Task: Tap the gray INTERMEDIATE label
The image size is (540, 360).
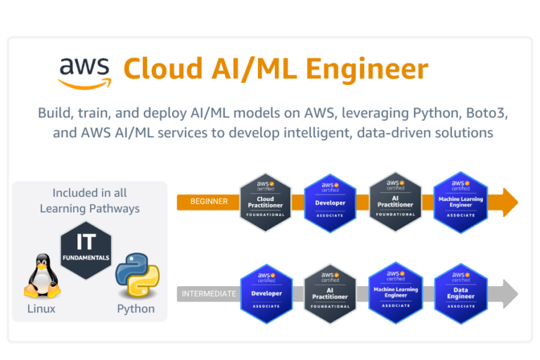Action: coord(209,293)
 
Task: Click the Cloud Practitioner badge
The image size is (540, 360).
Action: coord(266,201)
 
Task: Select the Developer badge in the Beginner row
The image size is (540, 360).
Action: coord(330,201)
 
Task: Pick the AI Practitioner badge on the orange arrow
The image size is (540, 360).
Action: coord(395,201)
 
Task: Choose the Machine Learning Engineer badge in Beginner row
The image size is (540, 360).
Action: coord(461,201)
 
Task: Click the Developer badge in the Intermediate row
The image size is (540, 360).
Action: coord(266,293)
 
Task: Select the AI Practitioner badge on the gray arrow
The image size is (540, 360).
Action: coord(330,293)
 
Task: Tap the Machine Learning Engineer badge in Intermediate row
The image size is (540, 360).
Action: coord(395,293)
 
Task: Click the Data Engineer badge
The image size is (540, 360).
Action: coord(461,293)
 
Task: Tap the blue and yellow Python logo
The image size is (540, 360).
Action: coord(136,275)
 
